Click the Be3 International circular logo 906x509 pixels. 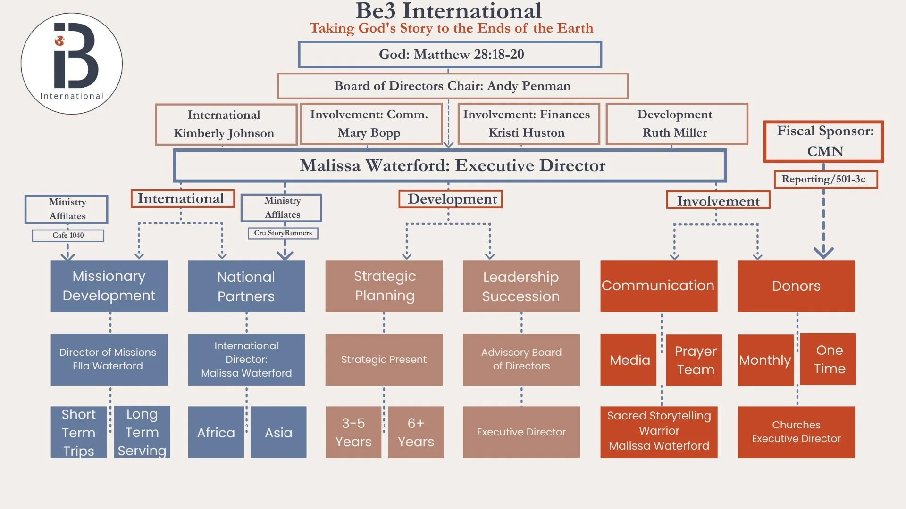click(72, 64)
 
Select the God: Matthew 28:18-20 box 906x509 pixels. click(450, 55)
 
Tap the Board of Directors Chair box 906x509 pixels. click(453, 86)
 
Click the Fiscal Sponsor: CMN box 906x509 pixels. click(823, 141)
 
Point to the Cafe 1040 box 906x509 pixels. click(68, 235)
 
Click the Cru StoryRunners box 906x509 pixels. click(283, 233)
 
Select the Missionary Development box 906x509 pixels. click(109, 286)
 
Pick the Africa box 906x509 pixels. click(216, 432)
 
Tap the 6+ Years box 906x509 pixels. click(416, 432)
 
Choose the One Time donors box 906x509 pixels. click(828, 359)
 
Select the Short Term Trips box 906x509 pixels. click(78, 432)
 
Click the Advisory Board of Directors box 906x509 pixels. click(521, 360)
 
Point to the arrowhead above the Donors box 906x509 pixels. click(823, 253)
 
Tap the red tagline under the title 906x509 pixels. click(451, 28)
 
